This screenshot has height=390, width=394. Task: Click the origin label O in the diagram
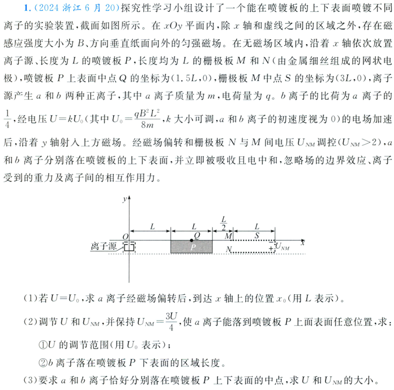(x=125, y=236)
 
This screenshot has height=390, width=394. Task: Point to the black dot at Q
(x=191, y=241)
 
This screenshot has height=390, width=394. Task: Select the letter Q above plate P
(x=196, y=235)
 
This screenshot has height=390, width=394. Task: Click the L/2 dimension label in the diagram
(x=223, y=222)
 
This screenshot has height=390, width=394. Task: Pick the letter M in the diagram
(x=228, y=235)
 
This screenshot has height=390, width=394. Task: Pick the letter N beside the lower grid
(x=228, y=249)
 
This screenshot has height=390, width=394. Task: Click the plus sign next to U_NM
(x=270, y=249)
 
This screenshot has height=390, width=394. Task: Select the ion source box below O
(x=130, y=247)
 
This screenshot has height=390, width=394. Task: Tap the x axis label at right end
(x=303, y=242)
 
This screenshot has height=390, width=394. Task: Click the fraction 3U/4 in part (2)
(x=171, y=321)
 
